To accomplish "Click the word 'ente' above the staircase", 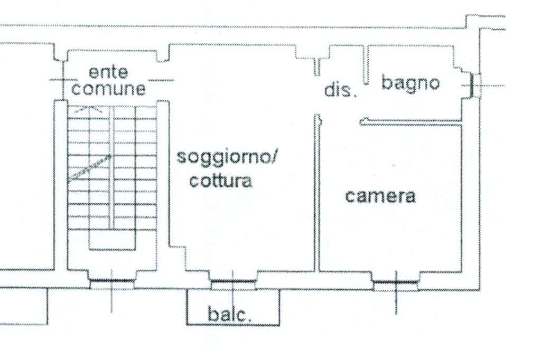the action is pyautogui.click(x=108, y=72).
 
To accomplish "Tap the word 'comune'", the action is pyautogui.click(x=108, y=89).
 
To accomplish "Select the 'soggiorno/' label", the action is pyautogui.click(x=229, y=158).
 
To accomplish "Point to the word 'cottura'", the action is pyautogui.click(x=221, y=181).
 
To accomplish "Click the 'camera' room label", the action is pyautogui.click(x=380, y=196).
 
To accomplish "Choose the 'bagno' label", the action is pyautogui.click(x=410, y=83).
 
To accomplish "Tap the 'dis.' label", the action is pyautogui.click(x=341, y=90).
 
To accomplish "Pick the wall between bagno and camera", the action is pyautogui.click(x=412, y=122).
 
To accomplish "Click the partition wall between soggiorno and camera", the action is pyautogui.click(x=317, y=195).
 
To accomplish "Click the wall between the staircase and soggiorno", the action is pyautogui.click(x=163, y=174).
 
